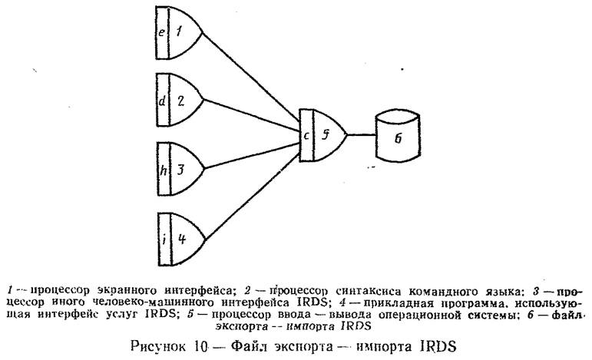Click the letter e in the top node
(160, 32)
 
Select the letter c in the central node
(306, 136)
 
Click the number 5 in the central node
(326, 135)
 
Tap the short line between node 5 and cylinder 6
(360, 135)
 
